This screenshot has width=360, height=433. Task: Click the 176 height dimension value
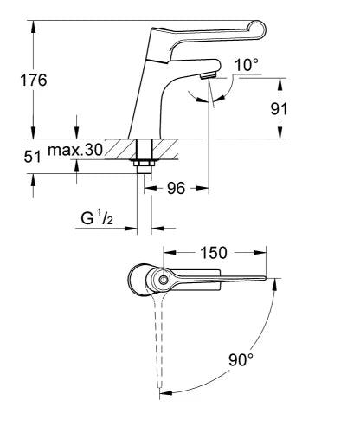coord(34,80)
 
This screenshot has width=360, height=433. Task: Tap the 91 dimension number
coord(279,109)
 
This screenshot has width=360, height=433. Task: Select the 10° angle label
coord(247,65)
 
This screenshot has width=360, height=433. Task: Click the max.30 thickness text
coord(75,150)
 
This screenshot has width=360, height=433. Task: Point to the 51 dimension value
coord(32,157)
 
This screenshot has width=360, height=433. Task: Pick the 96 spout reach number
coord(176,189)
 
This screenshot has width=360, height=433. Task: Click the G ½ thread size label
coord(97,218)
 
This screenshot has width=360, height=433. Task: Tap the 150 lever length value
coord(214,253)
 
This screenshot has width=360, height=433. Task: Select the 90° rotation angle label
coord(241,359)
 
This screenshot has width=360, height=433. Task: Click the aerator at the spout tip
coord(208,75)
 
